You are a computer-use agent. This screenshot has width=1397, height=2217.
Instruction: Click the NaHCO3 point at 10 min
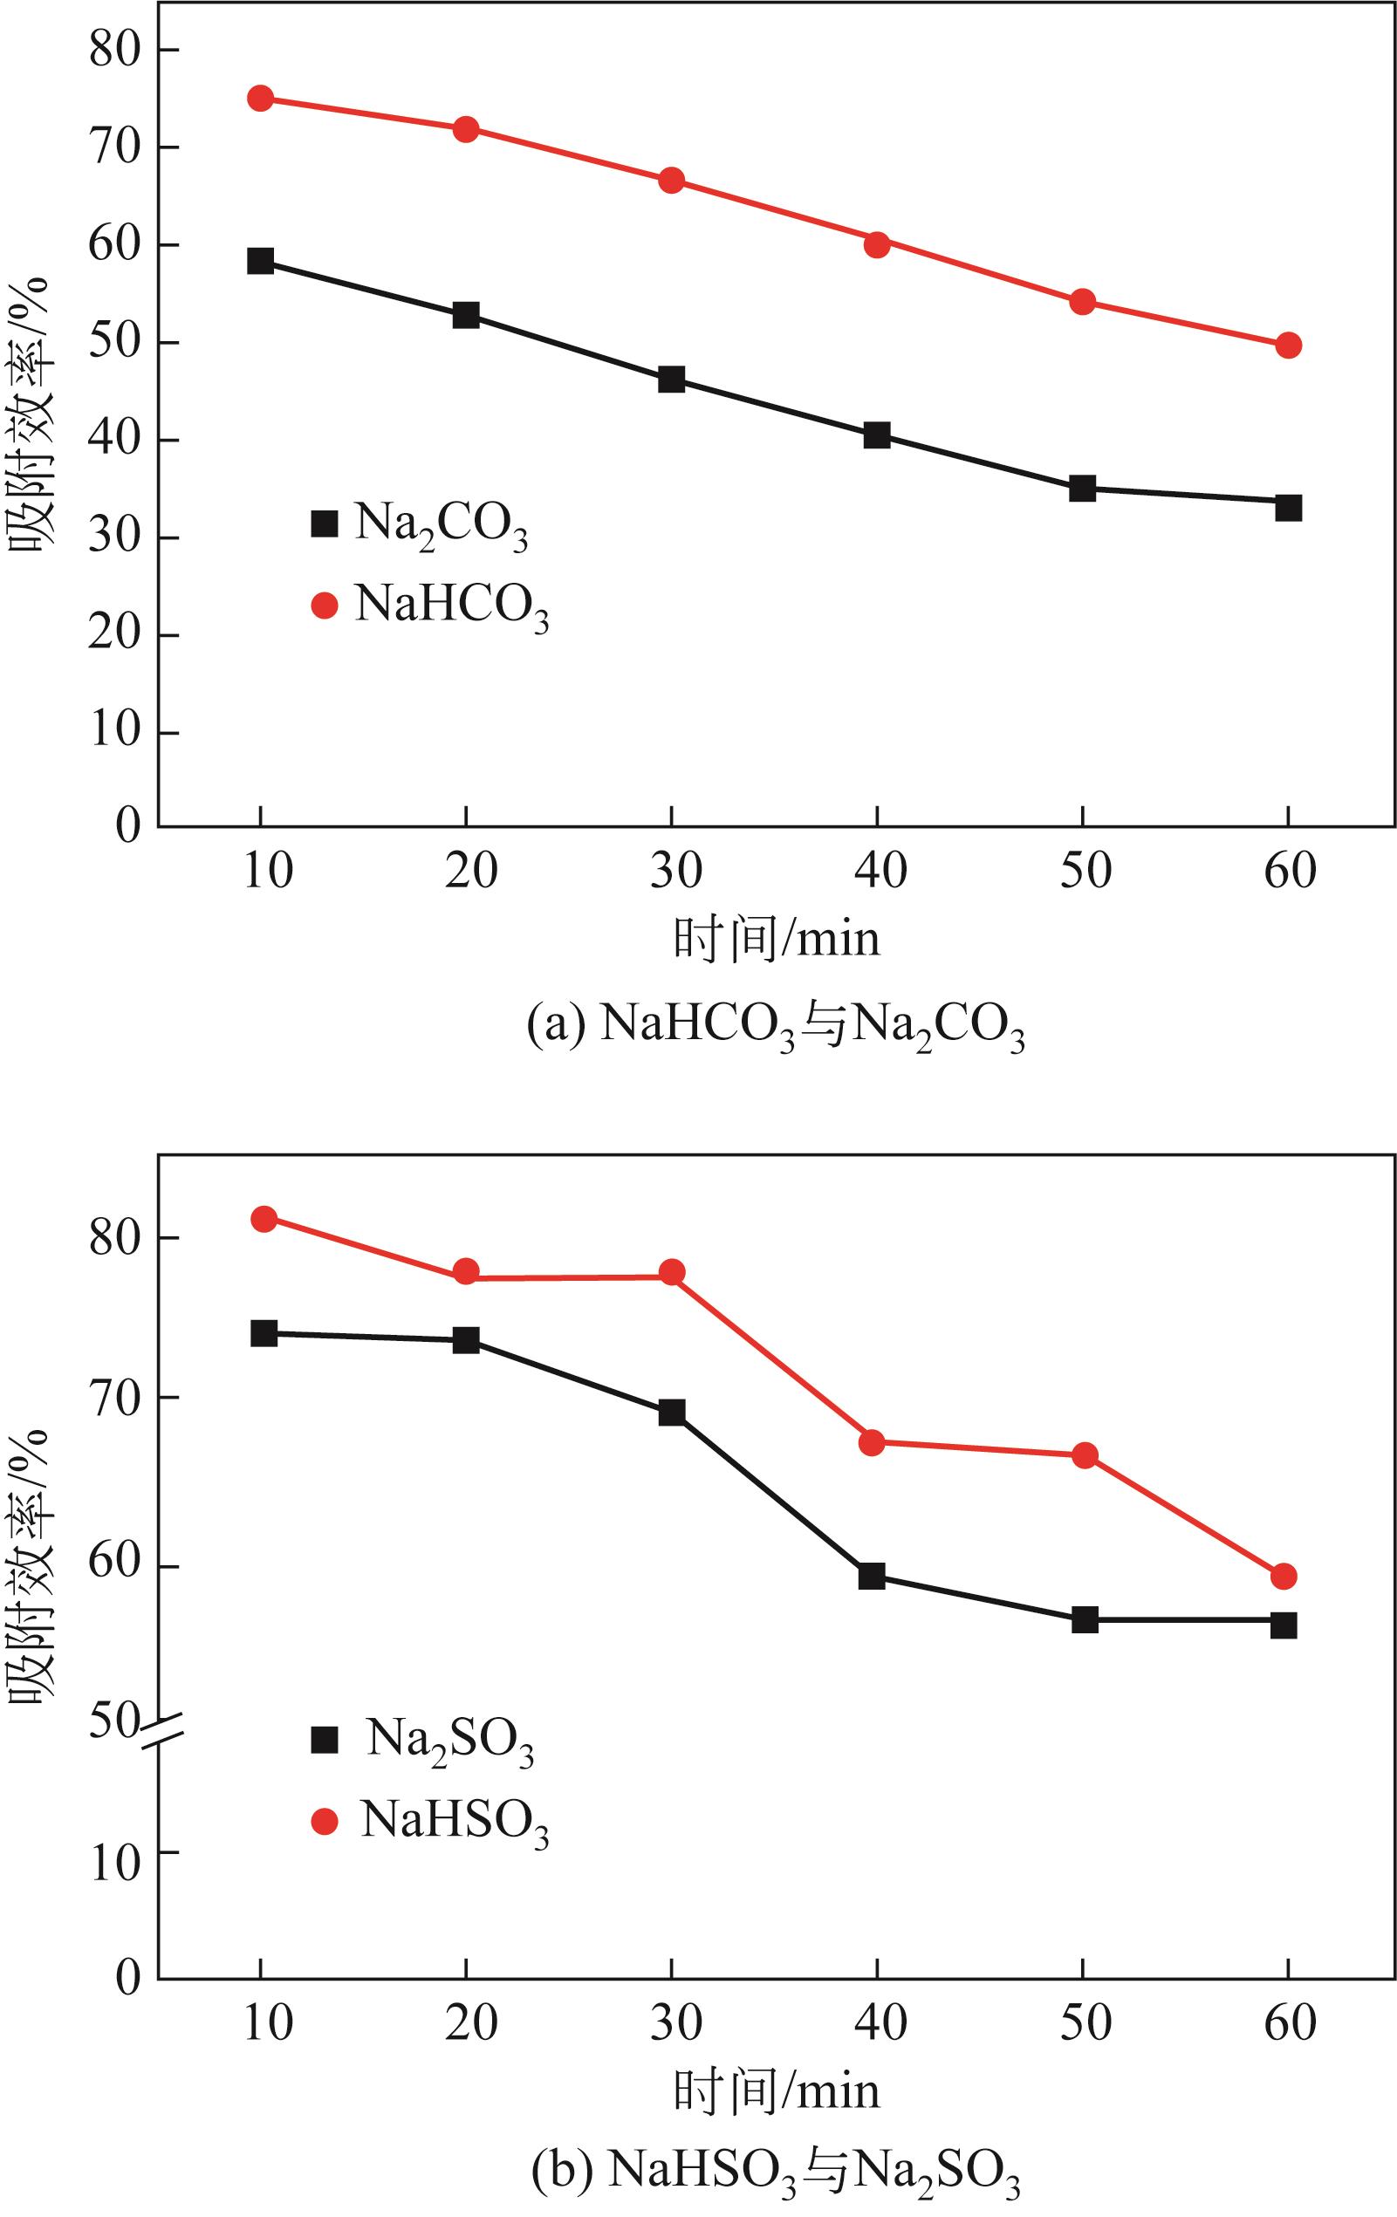click(x=261, y=99)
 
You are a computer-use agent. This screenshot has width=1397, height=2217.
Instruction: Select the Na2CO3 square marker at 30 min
click(x=671, y=380)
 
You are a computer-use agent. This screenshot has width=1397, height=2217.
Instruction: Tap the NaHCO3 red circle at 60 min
click(x=1288, y=346)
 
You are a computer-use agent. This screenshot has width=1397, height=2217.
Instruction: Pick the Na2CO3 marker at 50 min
click(x=1082, y=488)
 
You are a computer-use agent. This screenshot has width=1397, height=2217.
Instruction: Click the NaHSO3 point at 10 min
click(x=264, y=1219)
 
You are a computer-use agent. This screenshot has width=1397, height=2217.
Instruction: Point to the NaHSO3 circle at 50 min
click(x=1085, y=1455)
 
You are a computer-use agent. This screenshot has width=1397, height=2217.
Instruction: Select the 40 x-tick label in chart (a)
click(x=880, y=871)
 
